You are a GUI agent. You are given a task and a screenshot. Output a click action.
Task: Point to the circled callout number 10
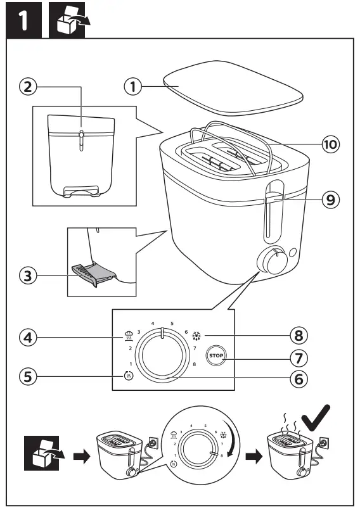pos(329,144)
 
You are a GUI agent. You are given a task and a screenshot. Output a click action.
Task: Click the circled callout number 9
pos(329,200)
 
